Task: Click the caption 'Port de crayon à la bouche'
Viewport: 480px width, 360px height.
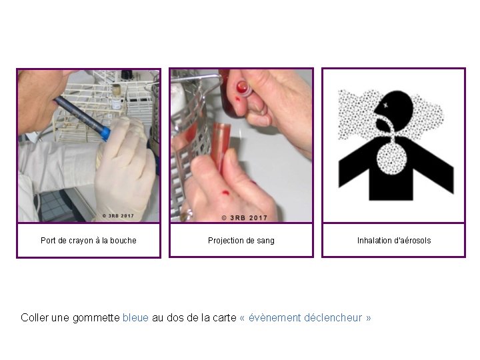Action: (x=89, y=241)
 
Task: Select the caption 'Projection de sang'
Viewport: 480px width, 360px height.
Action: (x=241, y=241)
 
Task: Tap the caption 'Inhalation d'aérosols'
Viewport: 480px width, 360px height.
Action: (x=394, y=241)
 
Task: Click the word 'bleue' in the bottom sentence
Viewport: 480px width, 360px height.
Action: (x=135, y=318)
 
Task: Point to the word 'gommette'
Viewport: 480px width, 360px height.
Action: (x=96, y=318)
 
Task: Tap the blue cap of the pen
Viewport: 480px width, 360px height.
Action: (x=105, y=134)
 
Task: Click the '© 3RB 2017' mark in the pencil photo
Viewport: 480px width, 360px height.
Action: (x=118, y=216)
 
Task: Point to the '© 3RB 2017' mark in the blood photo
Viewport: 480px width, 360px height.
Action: (x=244, y=217)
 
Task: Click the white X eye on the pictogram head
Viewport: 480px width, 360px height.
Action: (x=385, y=105)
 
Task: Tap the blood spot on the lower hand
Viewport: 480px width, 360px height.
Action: (x=225, y=193)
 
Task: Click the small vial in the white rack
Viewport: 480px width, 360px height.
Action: (x=116, y=97)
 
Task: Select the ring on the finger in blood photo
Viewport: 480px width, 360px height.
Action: (x=187, y=214)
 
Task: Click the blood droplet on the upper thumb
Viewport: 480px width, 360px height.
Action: (x=237, y=99)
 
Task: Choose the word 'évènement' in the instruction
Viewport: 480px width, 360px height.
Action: (x=275, y=318)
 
